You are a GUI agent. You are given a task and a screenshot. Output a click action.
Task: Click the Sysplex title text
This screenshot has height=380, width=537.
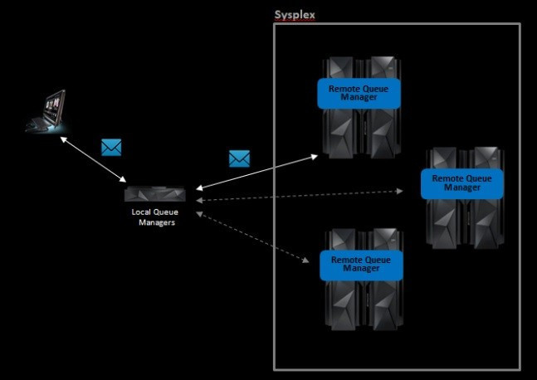point(295,15)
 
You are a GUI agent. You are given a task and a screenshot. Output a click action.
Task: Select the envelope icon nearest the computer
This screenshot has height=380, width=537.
point(111,147)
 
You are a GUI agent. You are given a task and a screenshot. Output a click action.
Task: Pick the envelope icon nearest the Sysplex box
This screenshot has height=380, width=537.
point(239,158)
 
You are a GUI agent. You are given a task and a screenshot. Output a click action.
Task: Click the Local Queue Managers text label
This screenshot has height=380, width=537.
point(155,217)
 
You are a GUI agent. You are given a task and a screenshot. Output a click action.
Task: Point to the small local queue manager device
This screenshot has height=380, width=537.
point(154,194)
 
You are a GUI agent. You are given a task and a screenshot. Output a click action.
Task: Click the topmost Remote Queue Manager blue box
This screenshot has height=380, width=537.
point(359,92)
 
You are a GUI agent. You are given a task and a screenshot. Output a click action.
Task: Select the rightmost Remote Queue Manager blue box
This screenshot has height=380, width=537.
point(461,183)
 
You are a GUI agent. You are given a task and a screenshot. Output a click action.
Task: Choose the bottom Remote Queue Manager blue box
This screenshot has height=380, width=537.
point(361,264)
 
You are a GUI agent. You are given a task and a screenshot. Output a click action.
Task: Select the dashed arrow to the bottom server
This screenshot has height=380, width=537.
point(249,237)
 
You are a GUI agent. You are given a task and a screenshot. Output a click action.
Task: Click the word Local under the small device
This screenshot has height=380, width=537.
point(141,212)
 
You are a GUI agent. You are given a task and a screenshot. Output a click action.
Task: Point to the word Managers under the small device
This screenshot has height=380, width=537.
point(157,222)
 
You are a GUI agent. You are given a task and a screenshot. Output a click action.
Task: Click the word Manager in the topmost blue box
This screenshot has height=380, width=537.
point(359,97)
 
